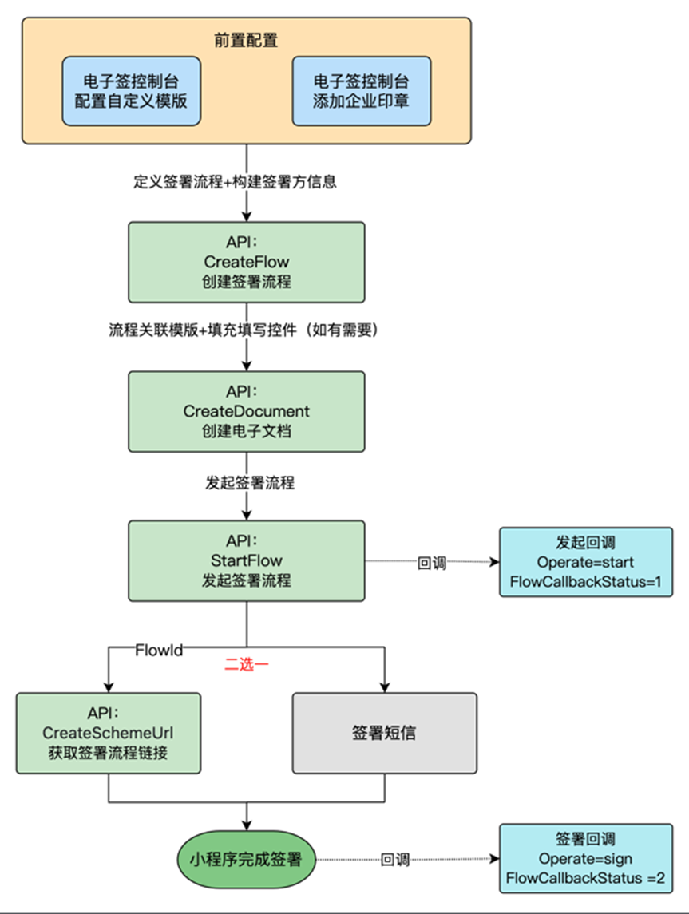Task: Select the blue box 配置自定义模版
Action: coord(131,91)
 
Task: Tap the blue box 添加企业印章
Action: coord(362,91)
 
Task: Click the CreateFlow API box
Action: coord(247,262)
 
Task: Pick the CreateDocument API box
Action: coord(247,411)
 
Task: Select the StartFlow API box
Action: coord(247,560)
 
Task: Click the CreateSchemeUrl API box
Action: coord(108,733)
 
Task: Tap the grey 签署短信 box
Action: coord(384,733)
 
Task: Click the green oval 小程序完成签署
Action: coord(247,859)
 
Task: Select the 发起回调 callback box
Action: coord(586,561)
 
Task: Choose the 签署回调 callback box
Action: coord(586,859)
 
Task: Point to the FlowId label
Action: coord(159,650)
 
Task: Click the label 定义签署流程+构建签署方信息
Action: coord(234,181)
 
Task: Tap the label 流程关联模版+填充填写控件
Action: coord(242,330)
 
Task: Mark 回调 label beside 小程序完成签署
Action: coord(395,860)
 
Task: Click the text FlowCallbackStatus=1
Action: coord(586,580)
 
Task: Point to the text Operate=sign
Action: coord(586,859)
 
